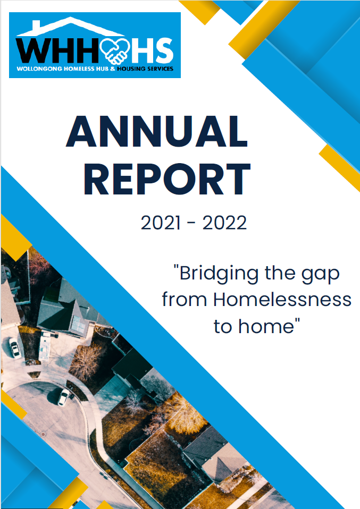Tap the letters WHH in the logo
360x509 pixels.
[x=57, y=50]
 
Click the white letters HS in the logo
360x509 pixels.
[x=152, y=50]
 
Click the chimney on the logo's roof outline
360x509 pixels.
[x=36, y=24]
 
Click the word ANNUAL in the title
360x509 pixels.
[x=157, y=131]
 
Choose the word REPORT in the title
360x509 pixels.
[x=167, y=179]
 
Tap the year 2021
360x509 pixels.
[x=160, y=223]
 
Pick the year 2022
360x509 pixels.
[x=224, y=223]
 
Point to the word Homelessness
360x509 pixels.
[x=282, y=299]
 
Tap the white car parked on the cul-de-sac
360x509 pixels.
[x=63, y=397]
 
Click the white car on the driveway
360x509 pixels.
[x=14, y=347]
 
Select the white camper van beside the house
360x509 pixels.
[x=44, y=347]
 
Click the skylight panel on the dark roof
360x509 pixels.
[x=77, y=323]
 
